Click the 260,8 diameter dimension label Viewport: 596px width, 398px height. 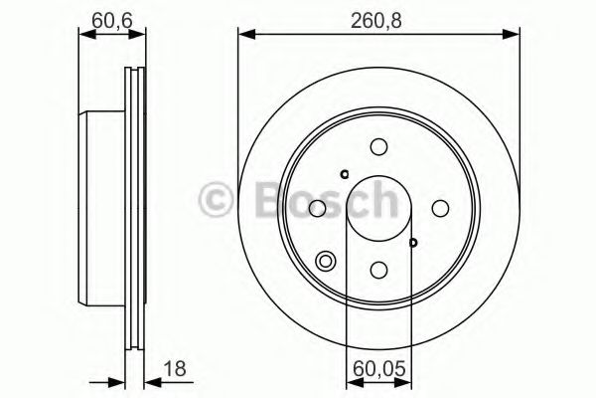point(375,20)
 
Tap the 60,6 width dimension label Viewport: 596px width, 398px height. point(111,20)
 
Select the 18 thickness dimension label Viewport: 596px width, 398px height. point(175,369)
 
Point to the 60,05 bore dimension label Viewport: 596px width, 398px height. point(379,369)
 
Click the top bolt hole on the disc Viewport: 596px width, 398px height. point(379,147)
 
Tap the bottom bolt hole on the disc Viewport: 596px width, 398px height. point(379,270)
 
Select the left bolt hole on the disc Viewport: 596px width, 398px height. point(318,208)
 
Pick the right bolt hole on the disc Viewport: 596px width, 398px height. point(440,208)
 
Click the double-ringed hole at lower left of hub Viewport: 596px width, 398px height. point(326,262)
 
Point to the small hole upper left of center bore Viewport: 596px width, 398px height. point(345,174)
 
